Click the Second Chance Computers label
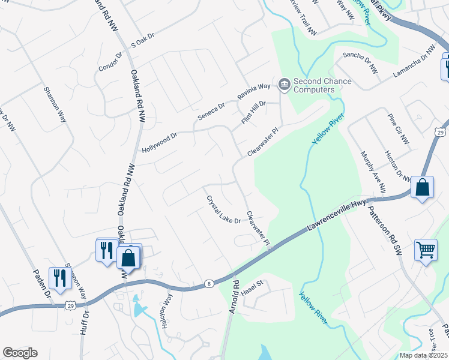313,86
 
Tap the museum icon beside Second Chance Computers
284,83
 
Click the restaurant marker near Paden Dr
58,278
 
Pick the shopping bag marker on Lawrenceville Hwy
423,188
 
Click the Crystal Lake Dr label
223,209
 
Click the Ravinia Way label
254,91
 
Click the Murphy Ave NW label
373,171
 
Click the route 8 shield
208,284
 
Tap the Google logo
20,353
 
